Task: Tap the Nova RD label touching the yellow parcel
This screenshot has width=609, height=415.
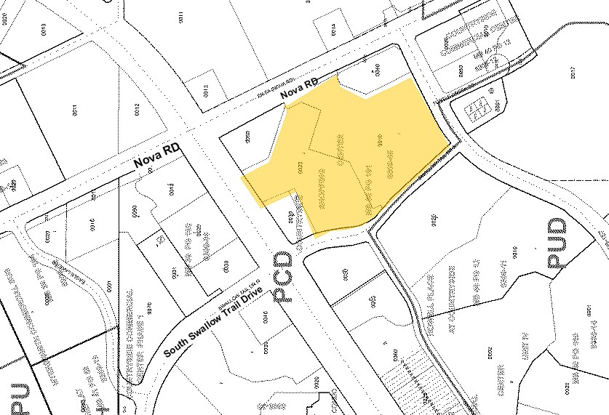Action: (302, 92)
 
